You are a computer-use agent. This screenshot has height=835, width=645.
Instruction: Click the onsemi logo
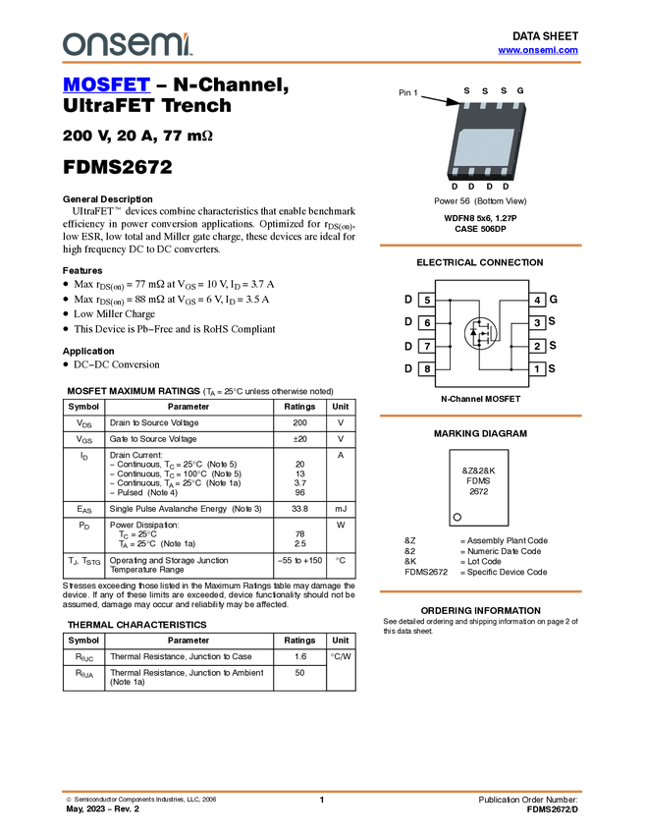click(127, 44)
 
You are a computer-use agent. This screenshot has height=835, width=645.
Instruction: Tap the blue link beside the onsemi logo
click(538, 50)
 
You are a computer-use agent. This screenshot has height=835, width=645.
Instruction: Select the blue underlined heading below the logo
click(106, 85)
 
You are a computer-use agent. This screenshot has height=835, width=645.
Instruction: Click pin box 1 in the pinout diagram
click(537, 369)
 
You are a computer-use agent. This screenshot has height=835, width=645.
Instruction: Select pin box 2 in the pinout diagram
click(537, 346)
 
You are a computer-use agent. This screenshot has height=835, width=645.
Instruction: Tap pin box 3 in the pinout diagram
click(537, 323)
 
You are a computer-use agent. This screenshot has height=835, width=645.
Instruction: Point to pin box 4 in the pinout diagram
click(537, 300)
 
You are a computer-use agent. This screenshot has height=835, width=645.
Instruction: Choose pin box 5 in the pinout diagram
click(427, 300)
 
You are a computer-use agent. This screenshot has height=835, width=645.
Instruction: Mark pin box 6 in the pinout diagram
click(427, 323)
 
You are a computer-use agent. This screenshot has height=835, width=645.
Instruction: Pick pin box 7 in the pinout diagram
click(427, 346)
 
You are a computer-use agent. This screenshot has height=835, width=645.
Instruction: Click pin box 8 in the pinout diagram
click(427, 369)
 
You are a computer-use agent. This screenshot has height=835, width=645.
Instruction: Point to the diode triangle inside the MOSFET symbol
click(473, 333)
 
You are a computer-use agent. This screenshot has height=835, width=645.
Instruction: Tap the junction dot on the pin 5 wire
click(450, 300)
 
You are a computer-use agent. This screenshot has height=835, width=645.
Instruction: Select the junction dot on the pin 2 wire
click(511, 346)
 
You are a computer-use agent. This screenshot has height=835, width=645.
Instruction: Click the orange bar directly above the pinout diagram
click(480, 246)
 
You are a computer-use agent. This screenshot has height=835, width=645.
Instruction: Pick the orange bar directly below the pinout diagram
click(480, 417)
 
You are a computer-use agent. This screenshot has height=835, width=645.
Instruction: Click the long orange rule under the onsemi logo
click(322, 63)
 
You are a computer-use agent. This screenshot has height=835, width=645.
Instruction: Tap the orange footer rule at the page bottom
click(322, 791)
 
